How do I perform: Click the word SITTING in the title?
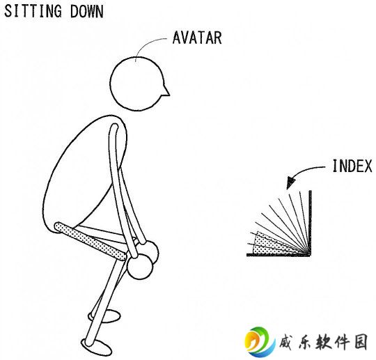pos(33,11)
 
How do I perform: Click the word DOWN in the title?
pos(87,11)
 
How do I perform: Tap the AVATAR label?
pos(197,38)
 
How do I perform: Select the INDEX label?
pos(352,166)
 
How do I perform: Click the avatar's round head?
pos(137,84)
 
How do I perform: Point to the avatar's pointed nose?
pos(166,91)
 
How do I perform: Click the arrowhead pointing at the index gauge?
pos(291,182)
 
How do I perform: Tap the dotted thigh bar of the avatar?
pos(91,241)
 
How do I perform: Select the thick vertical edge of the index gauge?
pos(311,223)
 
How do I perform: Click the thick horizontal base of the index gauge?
pos(279,255)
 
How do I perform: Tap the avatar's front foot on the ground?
pos(97,347)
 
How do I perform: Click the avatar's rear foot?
pos(104,316)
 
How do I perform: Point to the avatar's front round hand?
pos(140,267)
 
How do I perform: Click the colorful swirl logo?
pos(260,341)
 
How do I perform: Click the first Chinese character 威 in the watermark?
pos(288,341)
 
